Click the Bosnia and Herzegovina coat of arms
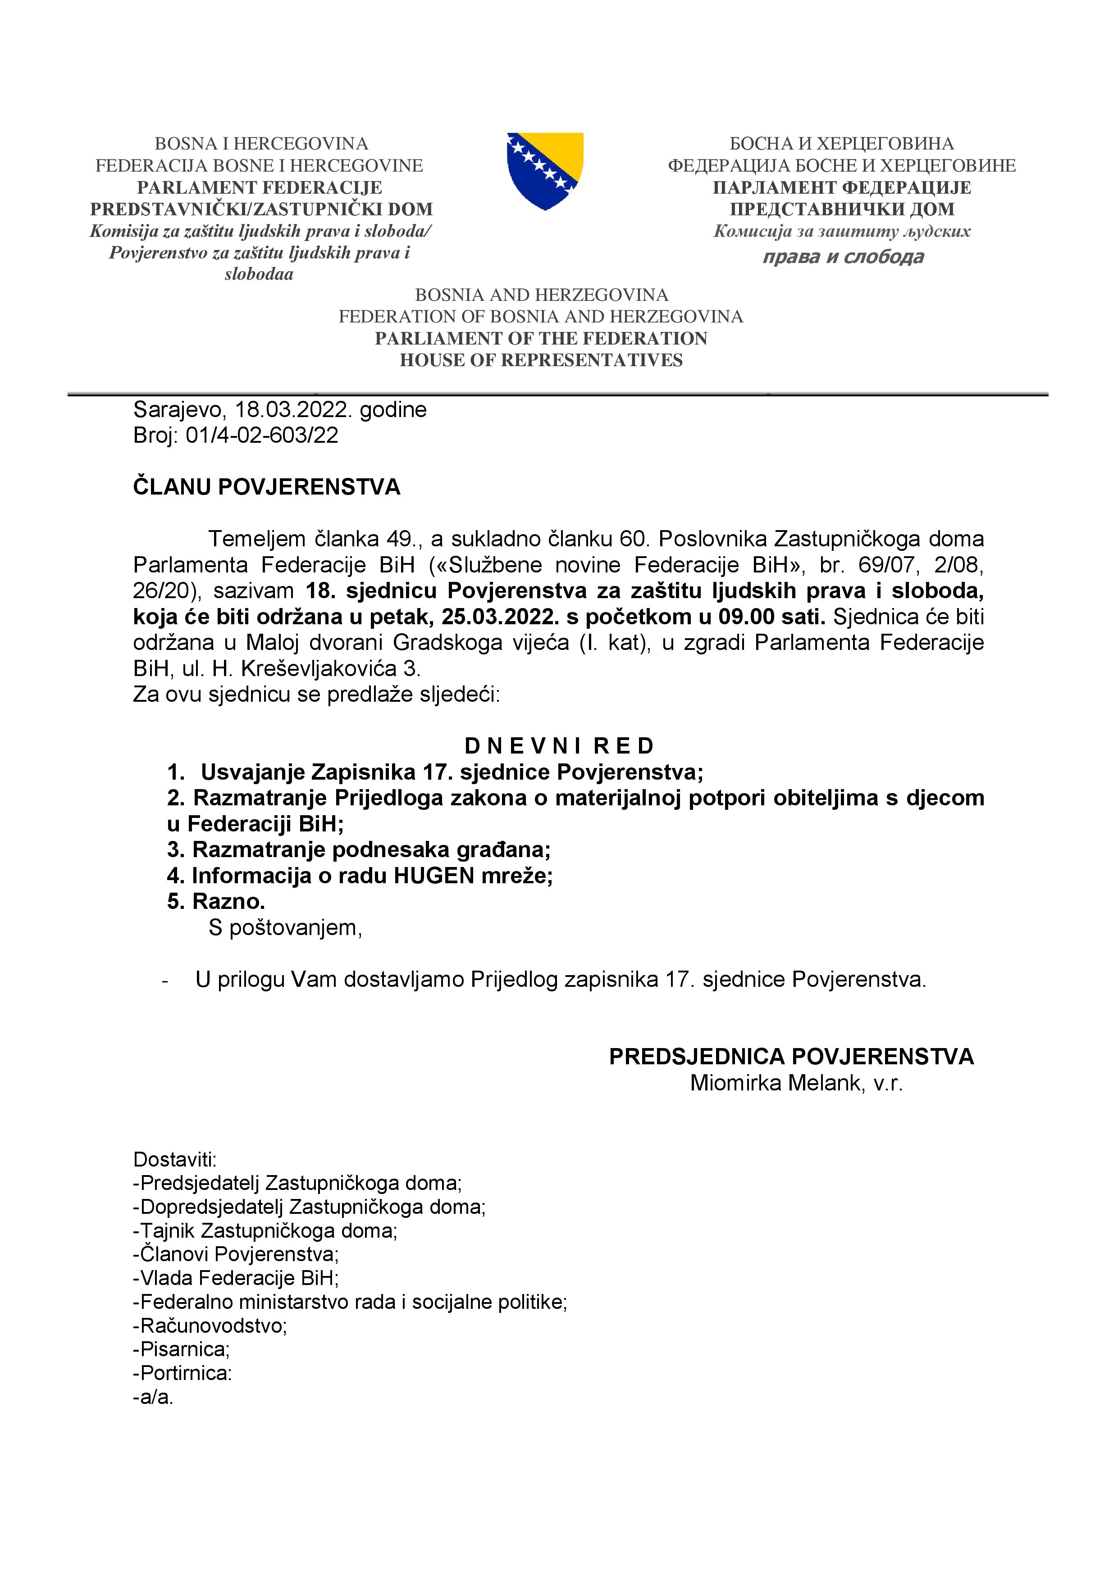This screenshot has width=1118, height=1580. tap(544, 171)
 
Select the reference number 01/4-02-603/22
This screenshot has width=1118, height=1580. tap(262, 436)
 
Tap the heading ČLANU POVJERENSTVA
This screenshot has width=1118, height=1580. tap(266, 487)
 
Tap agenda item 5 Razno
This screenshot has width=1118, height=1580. tap(216, 902)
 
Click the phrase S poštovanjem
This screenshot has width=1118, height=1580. tap(285, 928)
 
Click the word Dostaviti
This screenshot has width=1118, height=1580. tap(175, 1159)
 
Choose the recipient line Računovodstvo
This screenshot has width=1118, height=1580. tap(210, 1326)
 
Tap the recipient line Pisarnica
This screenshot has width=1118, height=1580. tap(183, 1349)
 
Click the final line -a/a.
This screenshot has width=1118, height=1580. tap(154, 1397)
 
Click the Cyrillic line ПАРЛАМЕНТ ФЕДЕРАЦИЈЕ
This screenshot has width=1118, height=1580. tap(841, 187)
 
